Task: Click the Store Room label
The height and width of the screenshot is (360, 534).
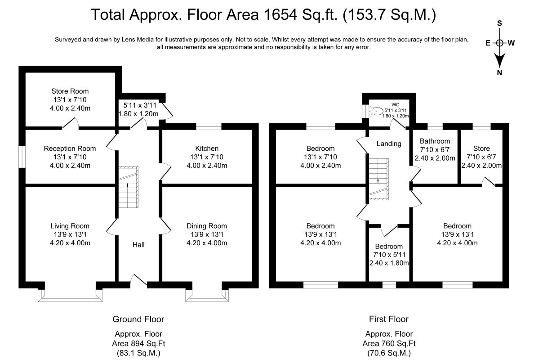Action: point(70,91)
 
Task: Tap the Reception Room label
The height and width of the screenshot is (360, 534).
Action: point(70,148)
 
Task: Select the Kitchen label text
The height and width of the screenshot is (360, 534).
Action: point(207,148)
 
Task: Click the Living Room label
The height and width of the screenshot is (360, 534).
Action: point(70,226)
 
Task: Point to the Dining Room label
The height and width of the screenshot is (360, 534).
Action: point(207,226)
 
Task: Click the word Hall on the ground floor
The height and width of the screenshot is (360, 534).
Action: point(138,244)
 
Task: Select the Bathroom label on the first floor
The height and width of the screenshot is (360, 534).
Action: point(435,141)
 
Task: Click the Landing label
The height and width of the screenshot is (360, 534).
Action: point(389,144)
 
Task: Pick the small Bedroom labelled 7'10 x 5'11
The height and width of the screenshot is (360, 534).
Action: point(389,247)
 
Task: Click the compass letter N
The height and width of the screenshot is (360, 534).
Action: point(499,73)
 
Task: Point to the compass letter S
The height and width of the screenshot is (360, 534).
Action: point(499,23)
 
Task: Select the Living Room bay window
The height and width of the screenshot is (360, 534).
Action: point(70,295)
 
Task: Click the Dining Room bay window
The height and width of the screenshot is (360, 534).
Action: point(207,295)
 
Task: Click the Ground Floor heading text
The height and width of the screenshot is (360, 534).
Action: point(138,319)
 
